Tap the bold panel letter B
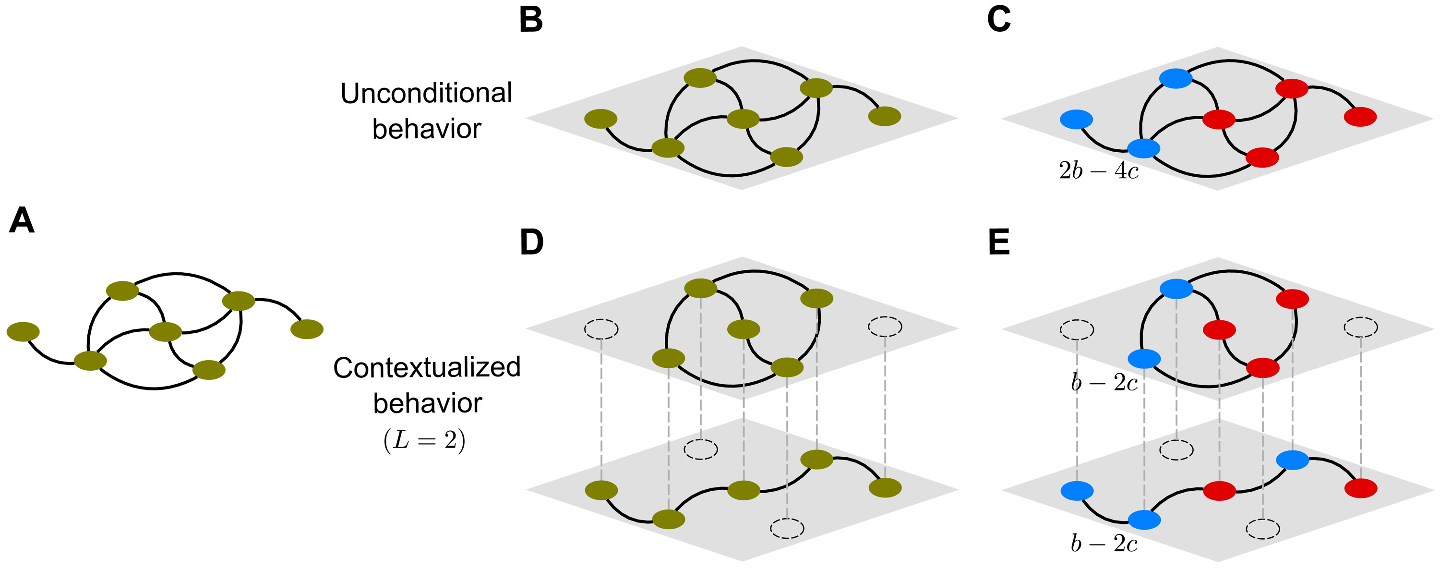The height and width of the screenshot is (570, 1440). [530, 20]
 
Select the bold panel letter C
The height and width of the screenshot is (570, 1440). [998, 20]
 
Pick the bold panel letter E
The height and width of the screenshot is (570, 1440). [999, 242]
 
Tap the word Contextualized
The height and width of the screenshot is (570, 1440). [427, 367]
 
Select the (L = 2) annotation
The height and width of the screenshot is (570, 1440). [424, 441]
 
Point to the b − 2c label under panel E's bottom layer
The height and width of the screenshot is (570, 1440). [1104, 543]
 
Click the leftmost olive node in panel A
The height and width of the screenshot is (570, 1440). [23, 332]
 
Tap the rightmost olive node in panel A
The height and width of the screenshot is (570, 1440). [307, 329]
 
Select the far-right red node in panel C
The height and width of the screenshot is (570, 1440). [1360, 116]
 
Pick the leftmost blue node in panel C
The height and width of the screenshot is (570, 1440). [1076, 119]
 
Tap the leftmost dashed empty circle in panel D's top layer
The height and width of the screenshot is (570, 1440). [601, 329]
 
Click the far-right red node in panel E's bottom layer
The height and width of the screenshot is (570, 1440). [1360, 488]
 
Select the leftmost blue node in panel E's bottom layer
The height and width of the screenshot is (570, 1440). [1076, 491]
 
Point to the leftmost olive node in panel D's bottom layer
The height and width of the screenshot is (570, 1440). [601, 490]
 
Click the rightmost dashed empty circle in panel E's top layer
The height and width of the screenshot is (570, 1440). [1360, 327]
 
